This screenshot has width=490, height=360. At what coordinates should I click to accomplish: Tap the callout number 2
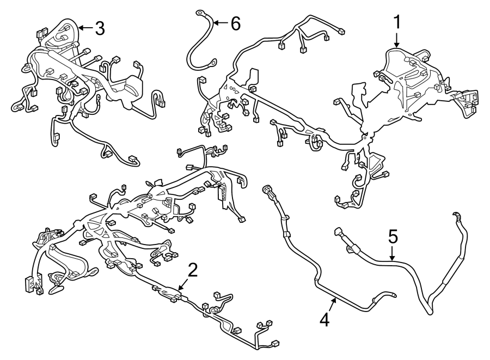point(191,269)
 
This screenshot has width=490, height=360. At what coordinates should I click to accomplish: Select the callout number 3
point(99,28)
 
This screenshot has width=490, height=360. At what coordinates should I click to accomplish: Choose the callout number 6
point(234,23)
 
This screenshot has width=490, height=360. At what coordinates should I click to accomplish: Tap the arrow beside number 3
point(84,27)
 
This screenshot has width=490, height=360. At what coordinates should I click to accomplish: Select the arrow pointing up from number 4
point(332,302)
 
